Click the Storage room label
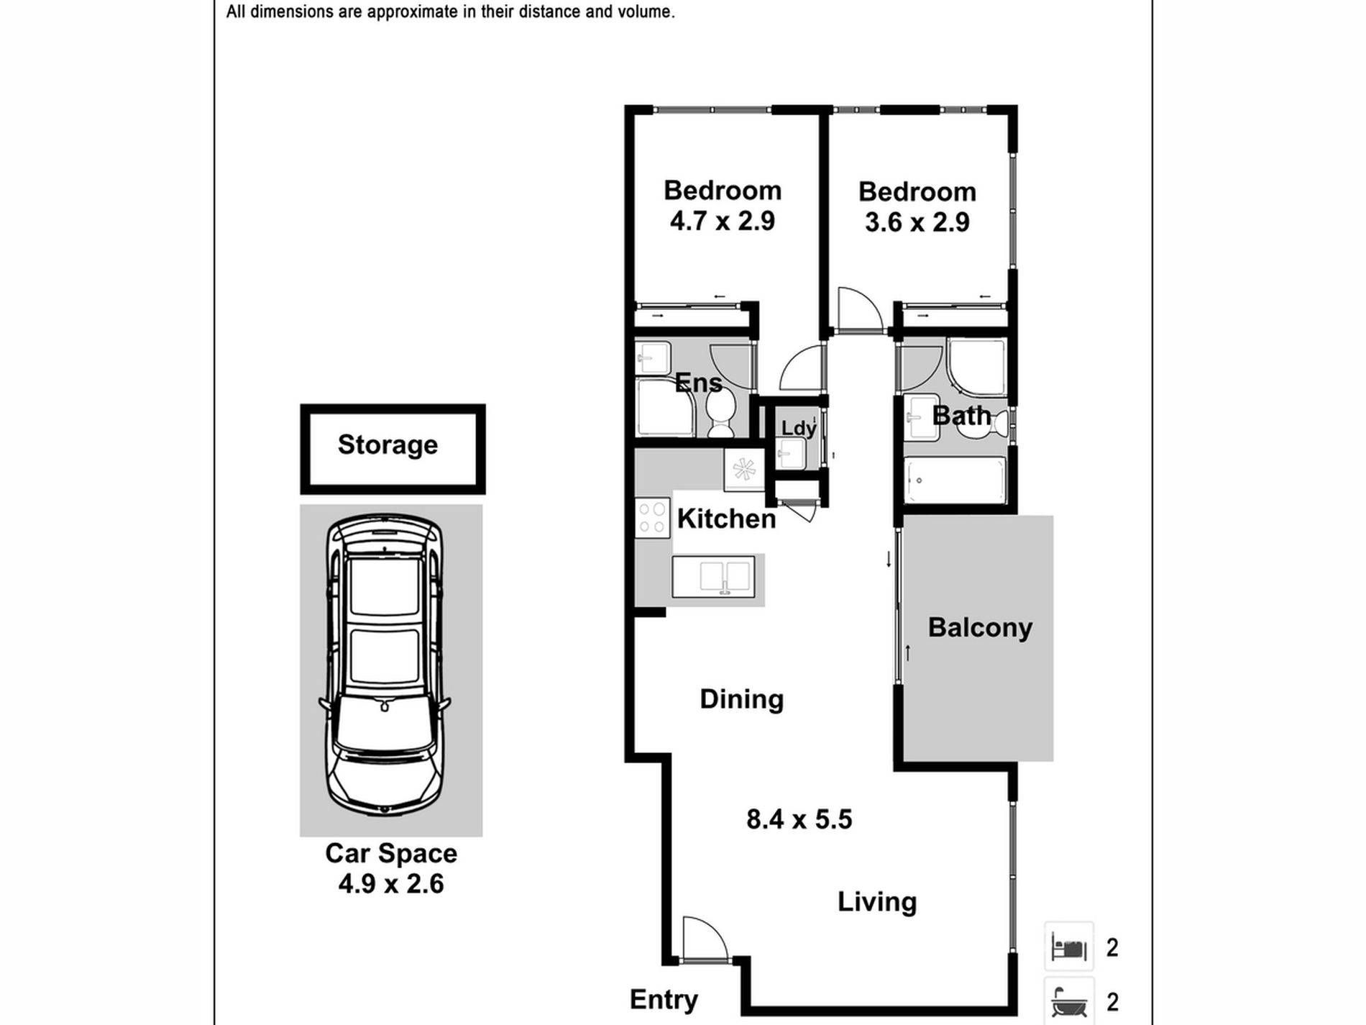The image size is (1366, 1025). [388, 445]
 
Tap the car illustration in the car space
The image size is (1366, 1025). [385, 665]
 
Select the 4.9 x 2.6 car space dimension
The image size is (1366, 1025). [391, 883]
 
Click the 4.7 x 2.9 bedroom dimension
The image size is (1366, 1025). [722, 221]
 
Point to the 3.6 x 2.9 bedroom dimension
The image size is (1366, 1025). [917, 222]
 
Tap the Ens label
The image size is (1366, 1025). [698, 382]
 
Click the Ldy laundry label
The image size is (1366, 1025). [799, 428]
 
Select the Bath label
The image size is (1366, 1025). [961, 415]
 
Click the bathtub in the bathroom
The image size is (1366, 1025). [955, 480]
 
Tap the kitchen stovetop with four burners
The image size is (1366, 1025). [653, 518]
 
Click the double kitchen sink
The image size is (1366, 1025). [713, 576]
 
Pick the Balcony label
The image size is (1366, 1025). [980, 627]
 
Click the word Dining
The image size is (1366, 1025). [741, 699]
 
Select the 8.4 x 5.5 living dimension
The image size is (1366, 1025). [799, 819]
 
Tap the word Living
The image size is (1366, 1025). [877, 902]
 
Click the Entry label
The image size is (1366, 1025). [664, 1000]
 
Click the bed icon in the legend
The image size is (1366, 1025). [1068, 947]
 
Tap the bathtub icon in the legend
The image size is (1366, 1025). [1068, 1001]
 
